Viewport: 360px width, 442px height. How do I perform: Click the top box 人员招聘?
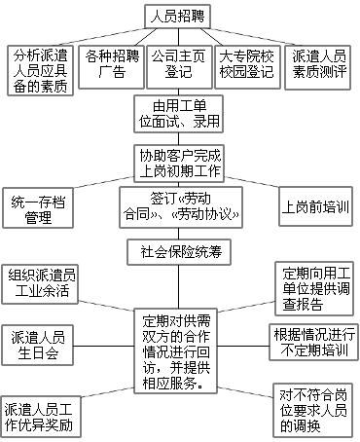coord(178,17)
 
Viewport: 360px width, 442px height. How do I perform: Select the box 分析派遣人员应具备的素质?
coord(40,70)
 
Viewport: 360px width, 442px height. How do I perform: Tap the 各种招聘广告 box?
coord(111,67)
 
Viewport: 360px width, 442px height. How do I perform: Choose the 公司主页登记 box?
coord(179,67)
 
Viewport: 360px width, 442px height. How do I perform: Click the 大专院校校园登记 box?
coord(247,67)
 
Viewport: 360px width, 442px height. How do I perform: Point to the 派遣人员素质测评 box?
coord(317,67)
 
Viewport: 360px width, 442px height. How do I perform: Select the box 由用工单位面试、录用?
coord(178,114)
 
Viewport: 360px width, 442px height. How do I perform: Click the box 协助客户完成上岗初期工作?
coord(179,164)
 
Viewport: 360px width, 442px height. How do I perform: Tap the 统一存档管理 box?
coord(38,207)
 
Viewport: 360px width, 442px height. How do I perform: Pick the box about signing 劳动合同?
coord(181,207)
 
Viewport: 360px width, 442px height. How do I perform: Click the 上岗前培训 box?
coord(315,206)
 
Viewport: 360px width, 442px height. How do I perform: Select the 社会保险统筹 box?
coord(179,252)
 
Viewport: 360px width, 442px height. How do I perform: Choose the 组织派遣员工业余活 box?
coord(40,284)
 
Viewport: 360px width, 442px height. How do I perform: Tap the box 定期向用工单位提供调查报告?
coord(314,288)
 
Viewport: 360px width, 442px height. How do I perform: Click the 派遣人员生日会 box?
coord(37,346)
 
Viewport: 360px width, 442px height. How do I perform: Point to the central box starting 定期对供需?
coord(176,351)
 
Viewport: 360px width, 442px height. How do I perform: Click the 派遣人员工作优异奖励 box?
coord(41,417)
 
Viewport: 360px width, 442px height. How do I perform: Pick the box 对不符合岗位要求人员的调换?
coord(312,410)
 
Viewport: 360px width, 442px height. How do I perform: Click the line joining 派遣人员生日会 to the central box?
coord(104,346)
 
